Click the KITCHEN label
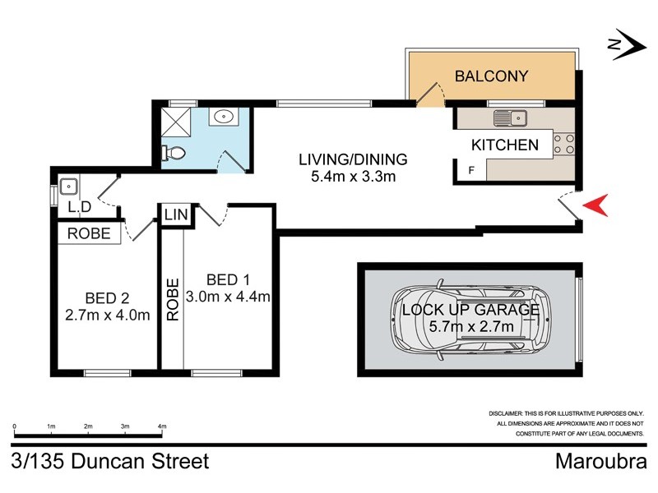tap(504, 145)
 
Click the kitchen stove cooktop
tap(563, 145)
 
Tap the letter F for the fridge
tap(471, 172)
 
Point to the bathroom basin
tap(221, 117)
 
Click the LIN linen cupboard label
tap(176, 214)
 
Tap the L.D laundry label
tap(79, 206)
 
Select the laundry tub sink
tap(67, 185)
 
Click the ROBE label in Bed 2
tap(89, 233)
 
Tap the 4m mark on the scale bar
tap(162, 427)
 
